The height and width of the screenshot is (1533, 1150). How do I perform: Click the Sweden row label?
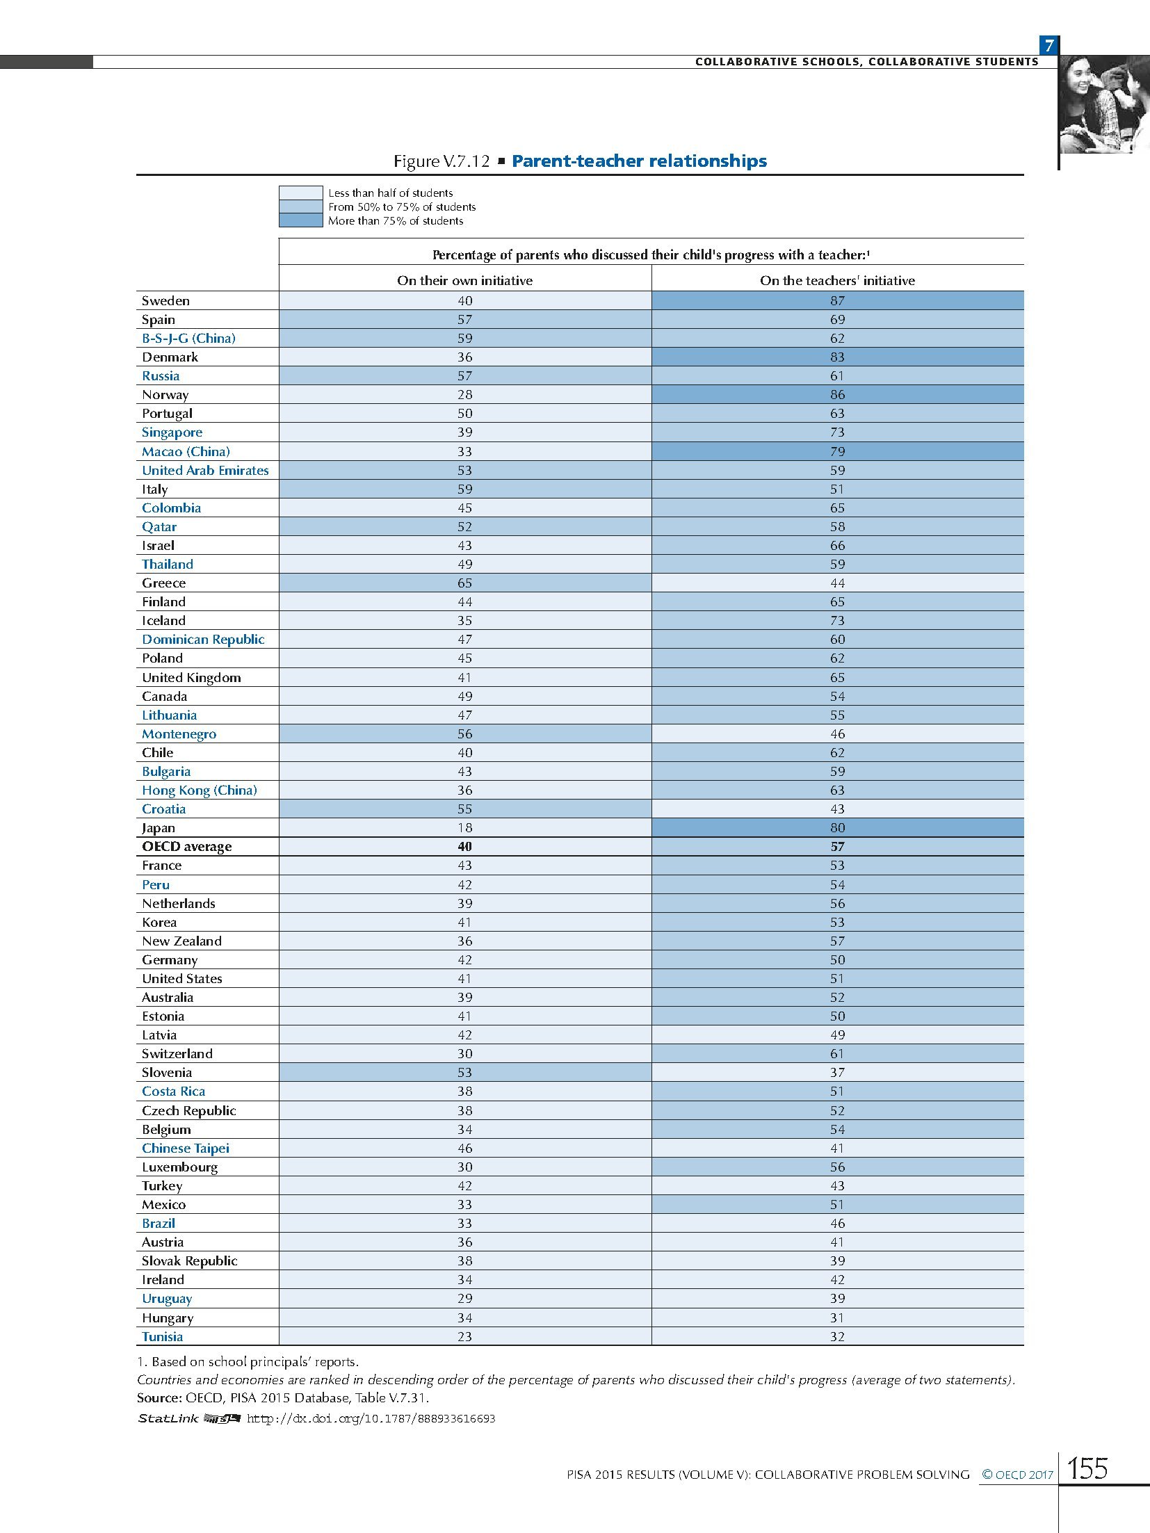click(165, 300)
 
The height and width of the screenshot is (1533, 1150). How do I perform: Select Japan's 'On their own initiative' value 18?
click(464, 827)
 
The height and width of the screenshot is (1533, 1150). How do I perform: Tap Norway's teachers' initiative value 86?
click(837, 394)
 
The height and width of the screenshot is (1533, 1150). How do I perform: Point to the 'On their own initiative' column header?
click(464, 280)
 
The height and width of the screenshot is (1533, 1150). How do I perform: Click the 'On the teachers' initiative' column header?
click(837, 280)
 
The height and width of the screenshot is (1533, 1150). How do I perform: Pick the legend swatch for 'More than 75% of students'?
click(300, 220)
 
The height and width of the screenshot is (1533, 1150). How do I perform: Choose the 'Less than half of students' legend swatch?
click(300, 193)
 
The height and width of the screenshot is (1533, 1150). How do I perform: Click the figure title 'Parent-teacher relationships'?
click(639, 161)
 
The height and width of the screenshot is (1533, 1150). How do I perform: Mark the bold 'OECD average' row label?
click(187, 846)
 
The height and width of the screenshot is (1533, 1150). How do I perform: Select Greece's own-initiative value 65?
click(464, 583)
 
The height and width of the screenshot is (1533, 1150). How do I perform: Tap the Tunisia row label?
click(163, 1336)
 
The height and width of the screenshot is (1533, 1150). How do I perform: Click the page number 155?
click(1087, 1468)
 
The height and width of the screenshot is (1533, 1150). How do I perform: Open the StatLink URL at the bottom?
click(371, 1418)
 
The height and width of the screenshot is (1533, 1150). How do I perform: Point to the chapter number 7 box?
click(1048, 46)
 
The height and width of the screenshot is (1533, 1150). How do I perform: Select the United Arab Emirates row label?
click(205, 470)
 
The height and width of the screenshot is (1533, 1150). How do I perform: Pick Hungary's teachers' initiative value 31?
click(837, 1317)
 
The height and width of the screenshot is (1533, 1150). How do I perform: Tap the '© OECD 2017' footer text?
click(1017, 1474)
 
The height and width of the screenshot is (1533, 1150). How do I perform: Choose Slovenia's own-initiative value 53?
click(464, 1072)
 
